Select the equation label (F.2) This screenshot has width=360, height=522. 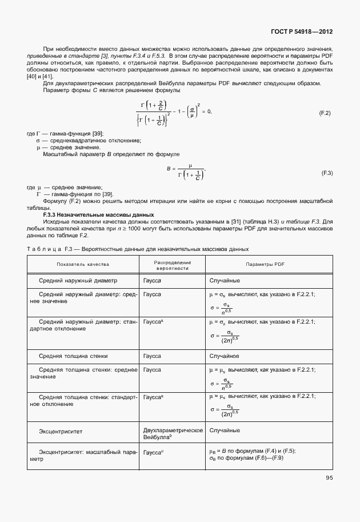pyautogui.click(x=325, y=113)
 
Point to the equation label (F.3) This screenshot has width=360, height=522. pyautogui.click(x=327, y=173)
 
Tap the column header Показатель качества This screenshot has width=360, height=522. pyautogui.click(x=83, y=265)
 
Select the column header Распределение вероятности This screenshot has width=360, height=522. pyautogui.click(x=172, y=265)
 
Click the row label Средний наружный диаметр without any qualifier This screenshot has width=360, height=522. pyautogui.click(x=78, y=281)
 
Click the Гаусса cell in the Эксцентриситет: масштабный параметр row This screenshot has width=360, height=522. pyautogui.click(x=153, y=452)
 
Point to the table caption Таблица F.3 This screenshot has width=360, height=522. pyautogui.click(x=138, y=249)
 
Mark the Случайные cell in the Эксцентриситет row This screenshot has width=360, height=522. pyautogui.click(x=225, y=430)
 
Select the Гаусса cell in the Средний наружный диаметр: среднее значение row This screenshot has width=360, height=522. pyautogui.click(x=152, y=294)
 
